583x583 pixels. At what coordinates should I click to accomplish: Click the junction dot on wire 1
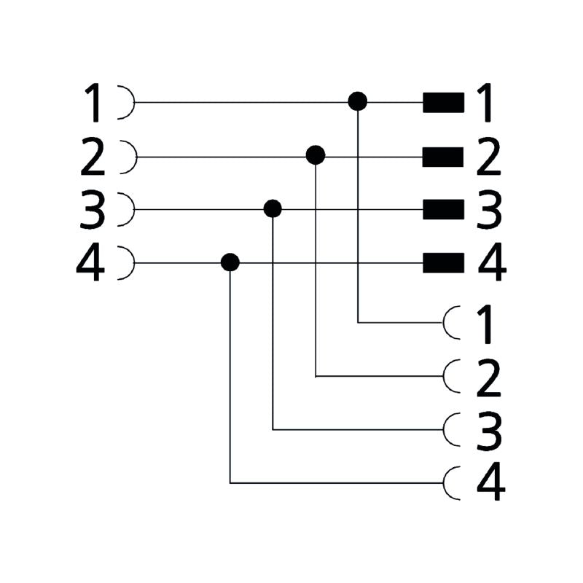tap(358, 101)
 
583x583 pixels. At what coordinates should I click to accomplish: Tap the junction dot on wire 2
tap(316, 155)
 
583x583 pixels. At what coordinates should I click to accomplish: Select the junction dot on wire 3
tap(273, 208)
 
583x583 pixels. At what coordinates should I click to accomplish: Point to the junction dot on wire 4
tap(230, 262)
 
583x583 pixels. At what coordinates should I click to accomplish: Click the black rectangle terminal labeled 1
tap(444, 102)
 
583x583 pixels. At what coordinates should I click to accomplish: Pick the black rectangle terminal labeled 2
tap(443, 157)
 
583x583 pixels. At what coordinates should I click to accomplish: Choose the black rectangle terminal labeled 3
tap(444, 209)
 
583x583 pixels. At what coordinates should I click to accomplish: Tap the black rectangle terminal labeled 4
tap(444, 263)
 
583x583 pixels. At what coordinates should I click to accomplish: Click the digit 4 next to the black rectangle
tap(491, 262)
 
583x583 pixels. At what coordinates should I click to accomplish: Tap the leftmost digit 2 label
tap(93, 157)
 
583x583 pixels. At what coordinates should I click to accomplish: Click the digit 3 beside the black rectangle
tap(489, 209)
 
